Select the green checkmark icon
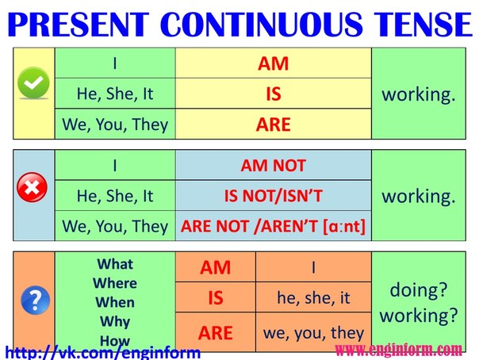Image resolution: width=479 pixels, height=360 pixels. (x=33, y=82)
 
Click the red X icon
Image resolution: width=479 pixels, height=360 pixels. (x=33, y=187)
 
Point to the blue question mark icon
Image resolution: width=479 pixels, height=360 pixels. (x=33, y=298)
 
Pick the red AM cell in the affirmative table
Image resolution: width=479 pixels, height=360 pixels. (x=273, y=63)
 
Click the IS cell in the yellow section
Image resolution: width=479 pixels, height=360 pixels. (x=273, y=94)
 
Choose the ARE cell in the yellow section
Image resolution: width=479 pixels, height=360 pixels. (x=273, y=124)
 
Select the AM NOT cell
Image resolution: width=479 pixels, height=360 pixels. (x=273, y=166)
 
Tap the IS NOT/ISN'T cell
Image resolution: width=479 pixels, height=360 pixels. (x=273, y=196)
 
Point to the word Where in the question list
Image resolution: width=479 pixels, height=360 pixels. (x=115, y=283)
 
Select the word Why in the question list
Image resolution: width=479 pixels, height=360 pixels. (x=115, y=322)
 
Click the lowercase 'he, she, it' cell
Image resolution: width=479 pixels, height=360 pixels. (x=313, y=299)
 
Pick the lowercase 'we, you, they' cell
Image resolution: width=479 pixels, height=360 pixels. (x=313, y=332)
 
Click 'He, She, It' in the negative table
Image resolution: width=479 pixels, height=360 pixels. (x=115, y=196)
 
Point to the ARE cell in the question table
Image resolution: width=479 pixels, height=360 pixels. (x=215, y=332)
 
